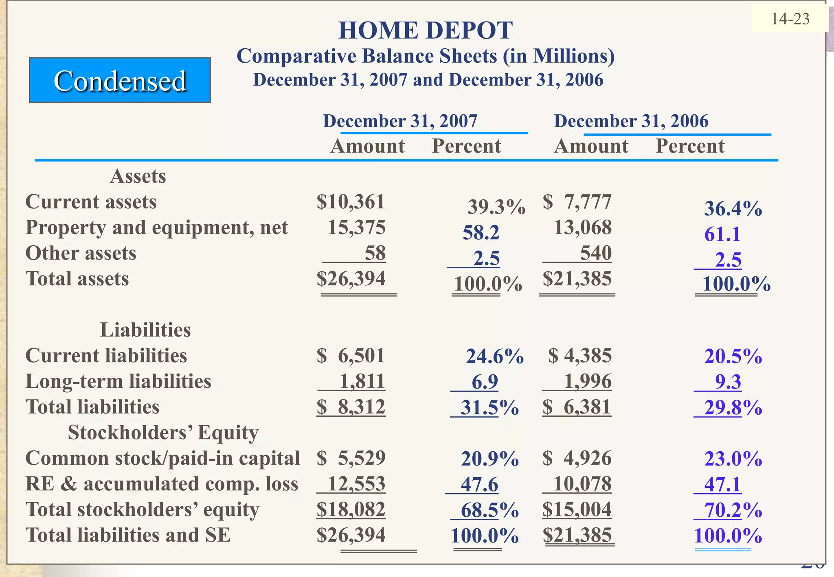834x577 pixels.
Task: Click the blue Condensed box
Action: [120, 80]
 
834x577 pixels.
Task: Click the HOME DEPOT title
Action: [425, 31]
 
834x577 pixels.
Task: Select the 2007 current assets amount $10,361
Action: [351, 202]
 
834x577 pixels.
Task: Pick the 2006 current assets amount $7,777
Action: [577, 202]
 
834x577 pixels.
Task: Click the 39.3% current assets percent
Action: [496, 207]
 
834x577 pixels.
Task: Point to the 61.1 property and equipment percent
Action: [722, 234]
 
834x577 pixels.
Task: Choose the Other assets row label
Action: [81, 253]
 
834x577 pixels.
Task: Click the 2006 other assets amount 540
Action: [595, 253]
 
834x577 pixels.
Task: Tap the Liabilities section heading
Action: [145, 330]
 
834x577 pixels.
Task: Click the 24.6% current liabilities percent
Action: [494, 356]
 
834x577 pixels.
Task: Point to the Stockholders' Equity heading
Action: [163, 433]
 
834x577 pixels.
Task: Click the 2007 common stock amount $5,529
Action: [351, 458]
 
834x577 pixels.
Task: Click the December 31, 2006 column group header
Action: [631, 121]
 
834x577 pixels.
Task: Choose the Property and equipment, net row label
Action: [156, 227]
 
